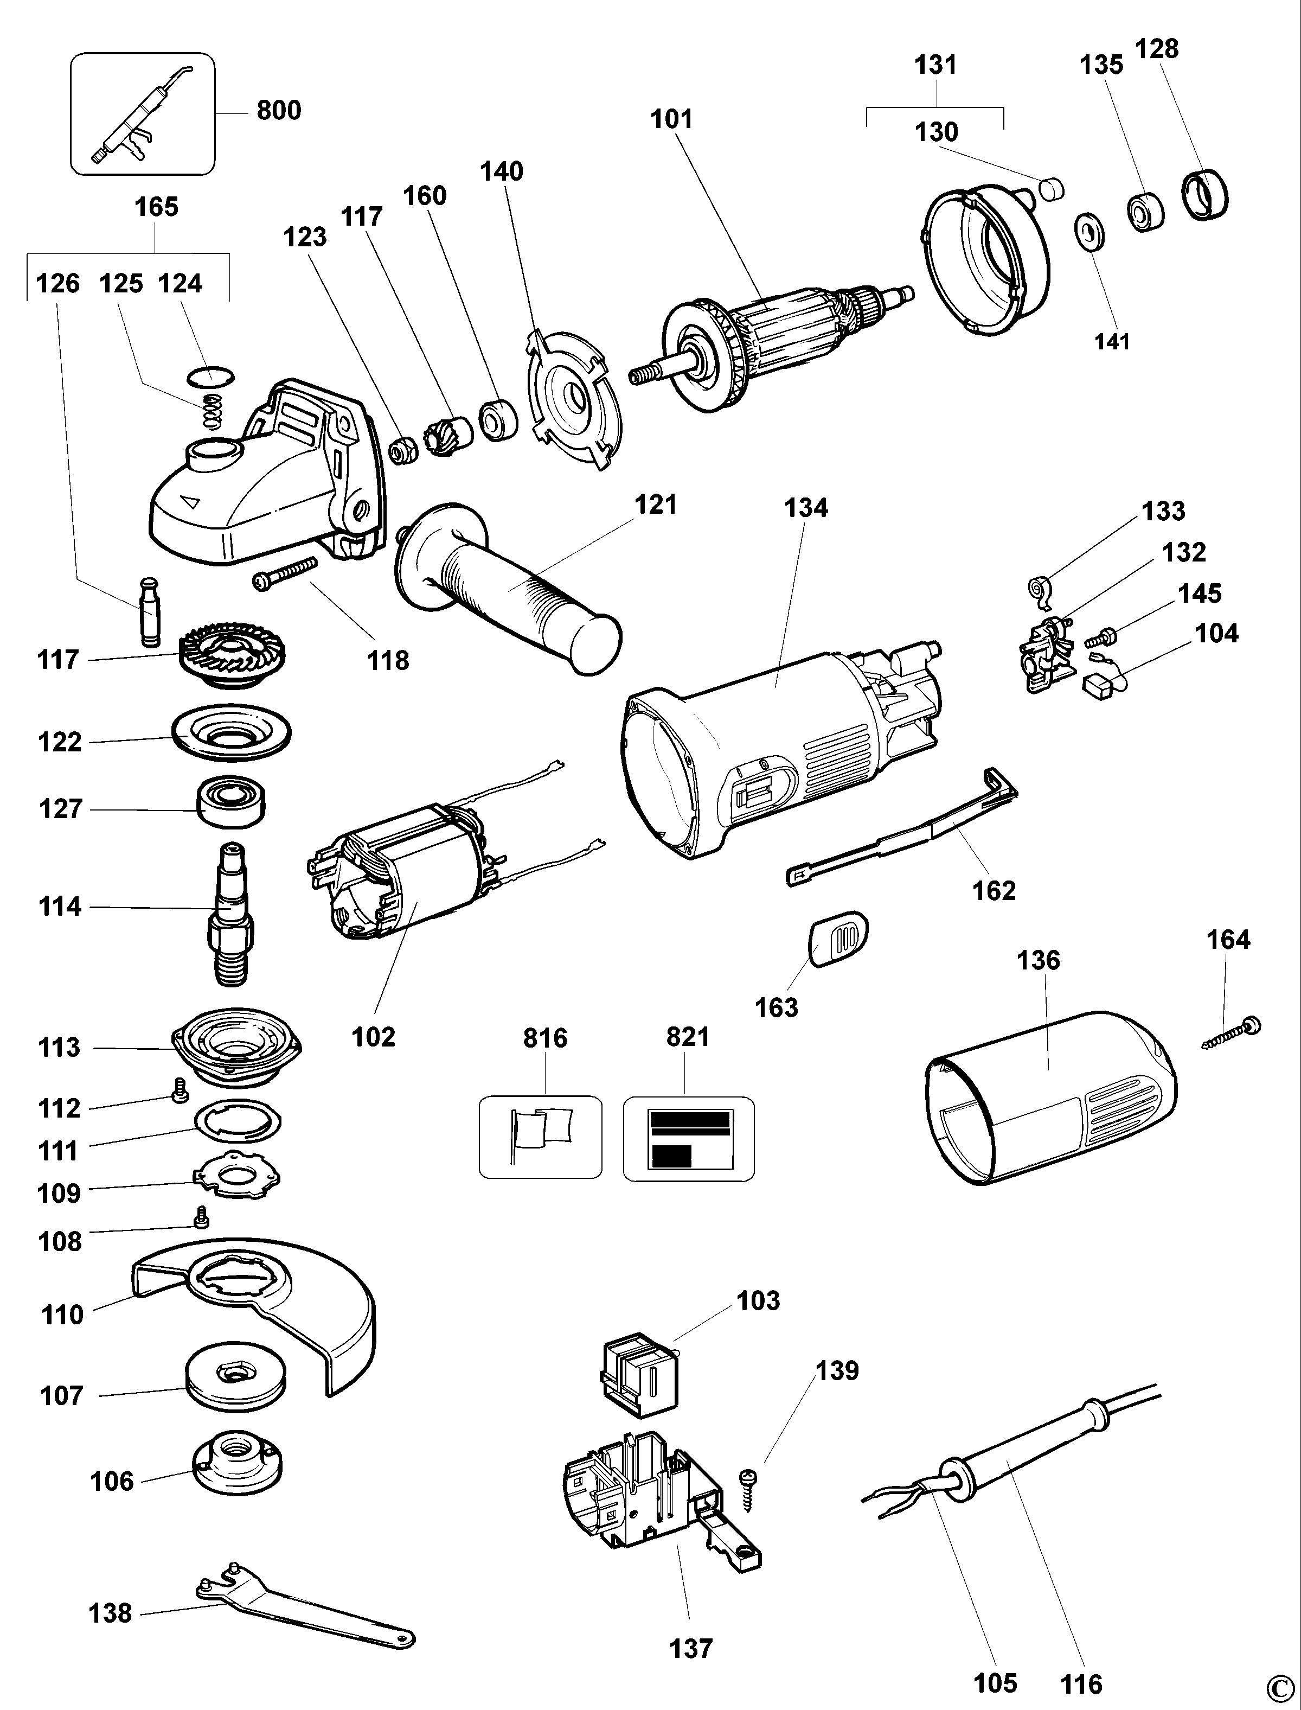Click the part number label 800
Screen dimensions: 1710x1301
279,111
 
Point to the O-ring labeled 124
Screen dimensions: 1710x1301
210,377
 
